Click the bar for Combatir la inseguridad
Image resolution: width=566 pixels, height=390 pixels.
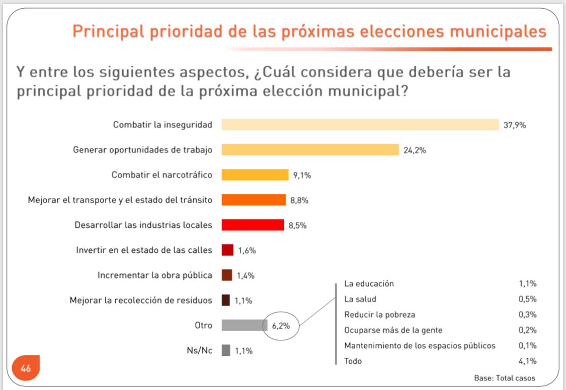(360, 125)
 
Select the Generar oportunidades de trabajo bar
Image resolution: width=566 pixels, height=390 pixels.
(310, 150)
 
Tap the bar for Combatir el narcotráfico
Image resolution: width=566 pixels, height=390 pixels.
(255, 175)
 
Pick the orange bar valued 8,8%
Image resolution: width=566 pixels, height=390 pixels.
(254, 200)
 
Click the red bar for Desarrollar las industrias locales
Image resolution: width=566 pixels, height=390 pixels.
(253, 225)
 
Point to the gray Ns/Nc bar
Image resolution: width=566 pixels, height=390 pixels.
(226, 350)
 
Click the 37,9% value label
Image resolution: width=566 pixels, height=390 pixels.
(515, 125)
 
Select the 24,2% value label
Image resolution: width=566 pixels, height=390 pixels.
(415, 150)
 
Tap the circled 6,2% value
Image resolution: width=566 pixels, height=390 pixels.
(281, 326)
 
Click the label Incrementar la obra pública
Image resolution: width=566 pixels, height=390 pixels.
(155, 275)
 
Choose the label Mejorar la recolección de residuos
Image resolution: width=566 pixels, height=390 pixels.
(141, 301)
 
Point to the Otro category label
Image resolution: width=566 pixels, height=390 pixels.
(203, 325)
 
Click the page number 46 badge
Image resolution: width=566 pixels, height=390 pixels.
(26, 368)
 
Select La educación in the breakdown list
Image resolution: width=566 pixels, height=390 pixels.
(369, 283)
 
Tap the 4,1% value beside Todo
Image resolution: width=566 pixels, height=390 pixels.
(527, 361)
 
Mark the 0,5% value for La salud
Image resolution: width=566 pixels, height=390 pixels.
(527, 299)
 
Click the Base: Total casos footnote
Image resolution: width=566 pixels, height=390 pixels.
(505, 378)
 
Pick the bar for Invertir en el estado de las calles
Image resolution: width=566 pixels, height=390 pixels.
(227, 250)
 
